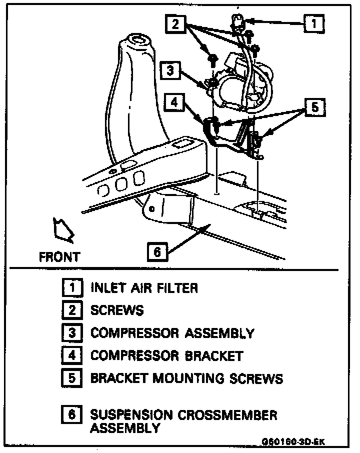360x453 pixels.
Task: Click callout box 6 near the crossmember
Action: (157, 252)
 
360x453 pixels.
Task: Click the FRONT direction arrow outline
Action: (62, 228)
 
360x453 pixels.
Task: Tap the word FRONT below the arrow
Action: (59, 257)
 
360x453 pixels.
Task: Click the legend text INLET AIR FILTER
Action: (144, 288)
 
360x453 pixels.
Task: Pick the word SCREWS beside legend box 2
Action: (117, 310)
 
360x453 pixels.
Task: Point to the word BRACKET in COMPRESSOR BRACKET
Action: (214, 355)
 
